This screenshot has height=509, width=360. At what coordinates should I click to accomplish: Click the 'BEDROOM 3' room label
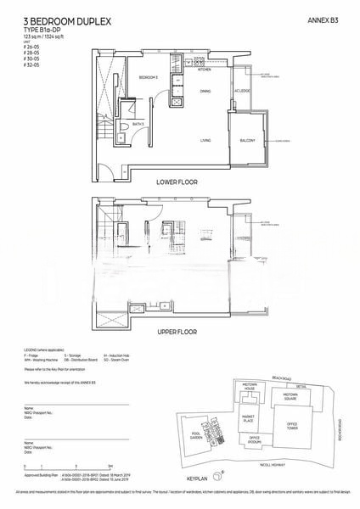click(x=149, y=77)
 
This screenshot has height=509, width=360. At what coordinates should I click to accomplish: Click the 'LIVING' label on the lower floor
click(x=205, y=140)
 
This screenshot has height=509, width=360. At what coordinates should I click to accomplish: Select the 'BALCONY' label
click(x=247, y=141)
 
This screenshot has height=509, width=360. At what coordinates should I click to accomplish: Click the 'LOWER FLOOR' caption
click(x=177, y=182)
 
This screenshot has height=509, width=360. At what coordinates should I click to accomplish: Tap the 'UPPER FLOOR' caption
click(x=177, y=333)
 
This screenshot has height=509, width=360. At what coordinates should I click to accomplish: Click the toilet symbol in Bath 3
click(x=125, y=126)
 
